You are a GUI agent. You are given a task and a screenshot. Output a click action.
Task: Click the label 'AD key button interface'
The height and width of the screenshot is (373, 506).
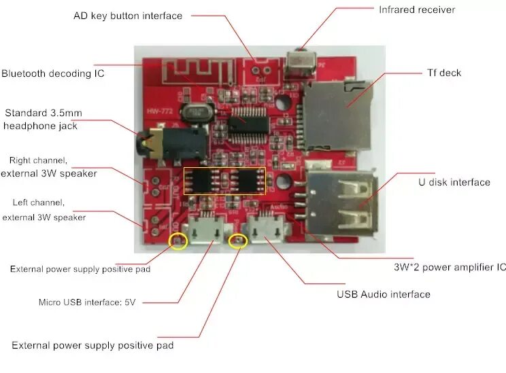[x=127, y=16]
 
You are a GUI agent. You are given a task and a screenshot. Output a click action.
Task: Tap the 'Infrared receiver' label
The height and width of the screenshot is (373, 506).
[x=416, y=10]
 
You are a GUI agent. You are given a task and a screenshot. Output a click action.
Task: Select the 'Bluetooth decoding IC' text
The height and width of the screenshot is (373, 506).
[x=52, y=73]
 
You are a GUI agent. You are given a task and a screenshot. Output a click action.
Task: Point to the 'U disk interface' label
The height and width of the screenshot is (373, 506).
[x=454, y=182]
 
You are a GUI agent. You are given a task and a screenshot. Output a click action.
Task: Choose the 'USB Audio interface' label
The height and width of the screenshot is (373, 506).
[x=384, y=294]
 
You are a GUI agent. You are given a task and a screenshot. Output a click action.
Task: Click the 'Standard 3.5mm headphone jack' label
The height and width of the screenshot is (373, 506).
[x=41, y=119]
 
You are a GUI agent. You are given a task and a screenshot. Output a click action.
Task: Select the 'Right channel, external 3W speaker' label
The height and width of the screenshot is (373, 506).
[x=48, y=167]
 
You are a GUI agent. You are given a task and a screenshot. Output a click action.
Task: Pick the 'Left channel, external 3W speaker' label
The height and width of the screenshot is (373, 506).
[x=44, y=210]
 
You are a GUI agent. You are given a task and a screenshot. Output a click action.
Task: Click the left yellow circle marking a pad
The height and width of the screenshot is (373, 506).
[x=178, y=241]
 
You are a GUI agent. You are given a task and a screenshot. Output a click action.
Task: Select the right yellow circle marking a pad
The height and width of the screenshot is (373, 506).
[x=238, y=241]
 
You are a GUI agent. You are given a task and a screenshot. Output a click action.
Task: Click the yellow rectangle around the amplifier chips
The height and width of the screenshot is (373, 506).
[x=224, y=181]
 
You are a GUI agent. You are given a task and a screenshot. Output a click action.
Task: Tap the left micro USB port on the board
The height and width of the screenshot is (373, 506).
[x=203, y=229]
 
